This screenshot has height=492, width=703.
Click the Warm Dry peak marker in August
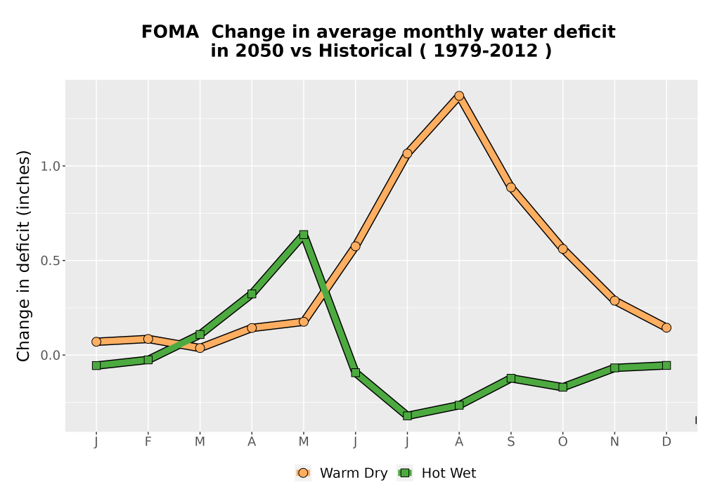(458, 96)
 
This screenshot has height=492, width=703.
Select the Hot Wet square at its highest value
(304, 234)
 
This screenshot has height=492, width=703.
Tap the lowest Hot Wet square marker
(407, 415)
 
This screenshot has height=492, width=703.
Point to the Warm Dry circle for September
(510, 187)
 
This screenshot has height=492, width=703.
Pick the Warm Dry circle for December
(666, 328)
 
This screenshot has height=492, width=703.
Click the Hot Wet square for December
(666, 365)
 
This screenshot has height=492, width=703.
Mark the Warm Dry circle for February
(148, 339)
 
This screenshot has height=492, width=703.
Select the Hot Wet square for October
(562, 387)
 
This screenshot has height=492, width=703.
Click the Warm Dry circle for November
(614, 301)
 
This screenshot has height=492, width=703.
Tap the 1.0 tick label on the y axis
(50, 167)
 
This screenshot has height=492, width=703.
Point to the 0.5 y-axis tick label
(50, 261)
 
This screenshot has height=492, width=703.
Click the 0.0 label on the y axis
(50, 356)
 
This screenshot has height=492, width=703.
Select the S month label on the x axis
(510, 442)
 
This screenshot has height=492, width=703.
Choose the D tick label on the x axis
(666, 442)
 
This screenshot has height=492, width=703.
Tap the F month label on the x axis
(148, 442)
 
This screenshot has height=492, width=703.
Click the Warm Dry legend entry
(342, 473)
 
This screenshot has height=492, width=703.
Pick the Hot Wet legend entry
(437, 473)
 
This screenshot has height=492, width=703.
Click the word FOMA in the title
(170, 32)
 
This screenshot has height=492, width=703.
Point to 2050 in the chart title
(260, 51)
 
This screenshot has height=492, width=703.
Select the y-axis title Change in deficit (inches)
(23, 256)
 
